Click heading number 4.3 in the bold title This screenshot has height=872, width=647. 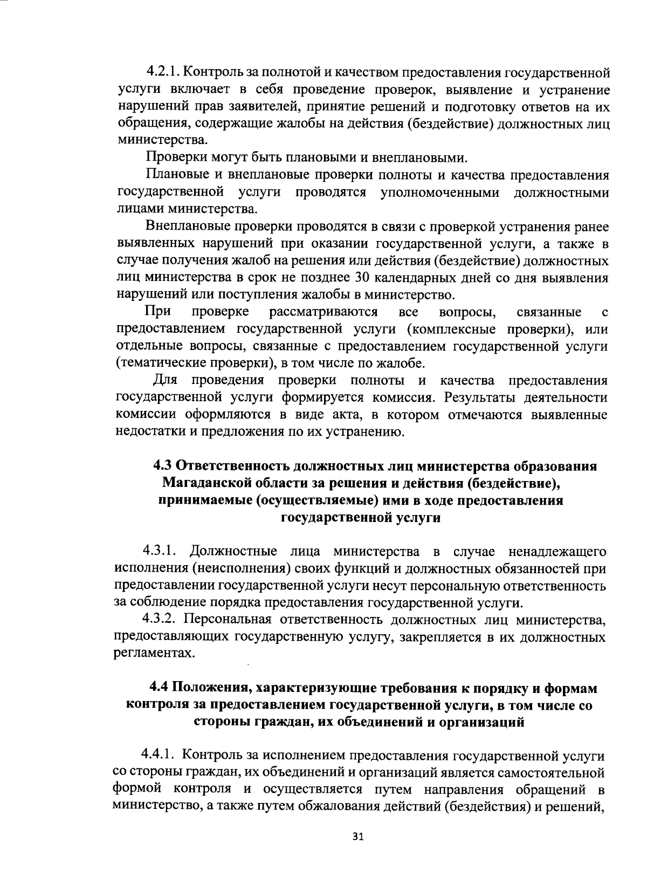click(163, 466)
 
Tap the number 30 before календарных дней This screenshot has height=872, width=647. click(360, 278)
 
